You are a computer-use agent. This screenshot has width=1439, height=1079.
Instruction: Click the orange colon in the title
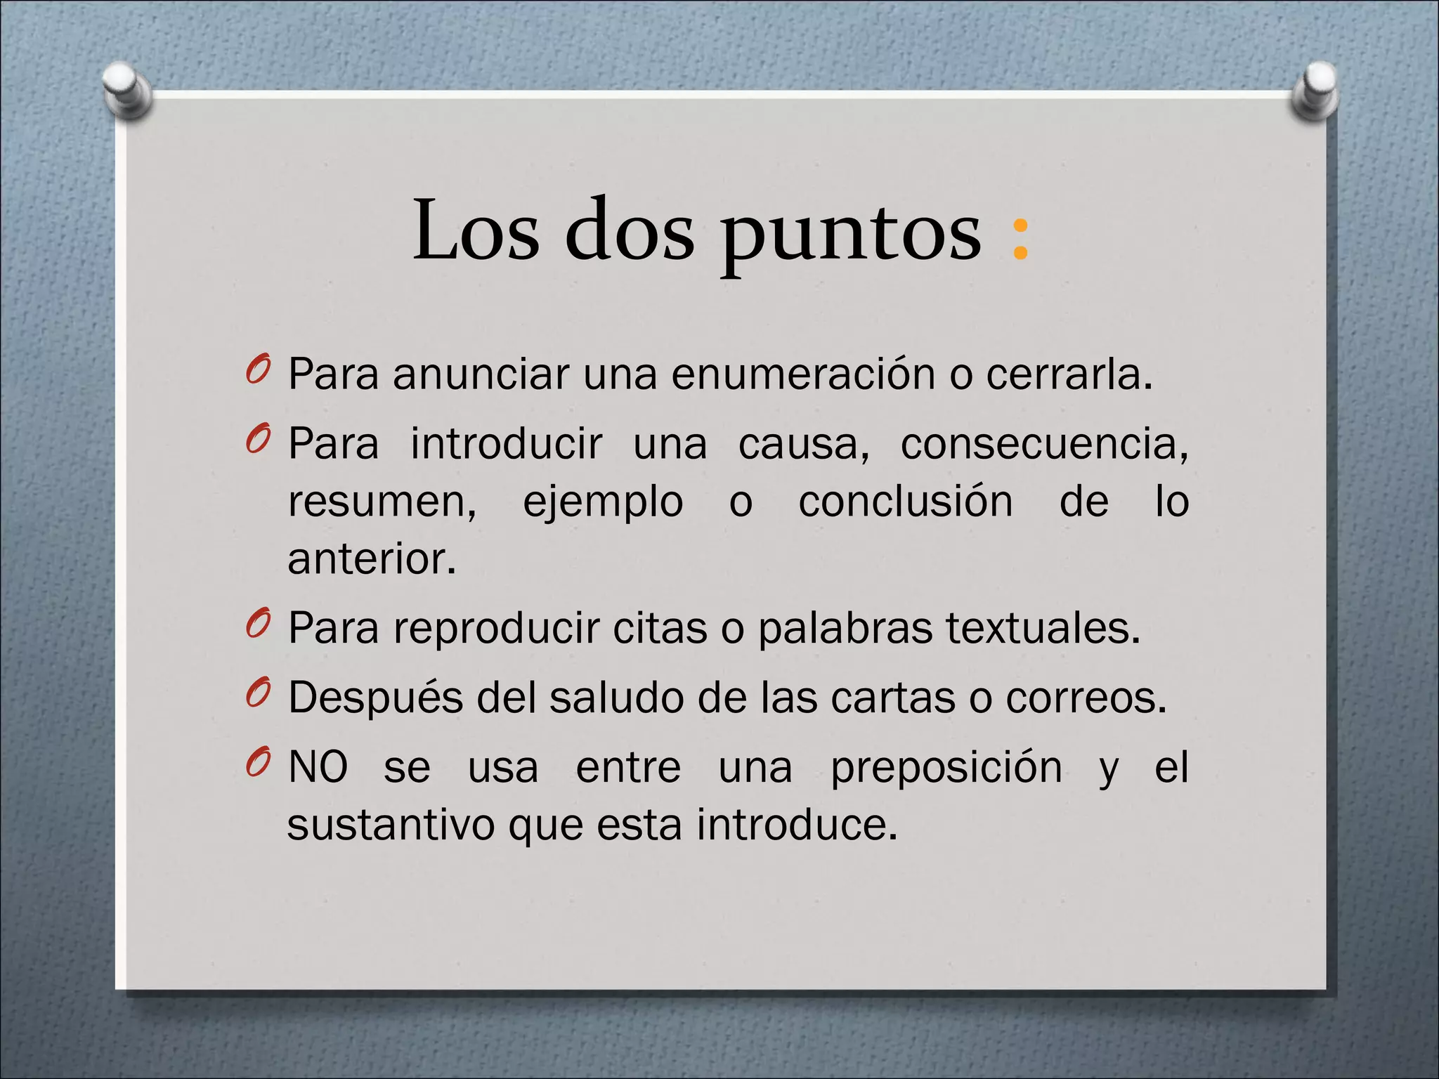coord(1020,239)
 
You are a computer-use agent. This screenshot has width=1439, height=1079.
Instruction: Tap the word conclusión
coord(906,502)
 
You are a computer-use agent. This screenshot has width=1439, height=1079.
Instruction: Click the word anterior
coord(372,560)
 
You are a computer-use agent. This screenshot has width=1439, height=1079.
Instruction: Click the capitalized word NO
coord(318,767)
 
